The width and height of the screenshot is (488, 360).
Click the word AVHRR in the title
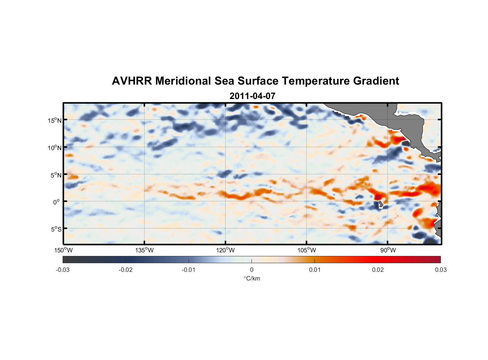pos(132,81)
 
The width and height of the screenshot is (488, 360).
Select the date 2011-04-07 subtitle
pos(252,96)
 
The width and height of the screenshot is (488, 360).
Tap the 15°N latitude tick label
pos(55,120)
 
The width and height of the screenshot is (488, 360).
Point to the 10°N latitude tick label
pos(55,148)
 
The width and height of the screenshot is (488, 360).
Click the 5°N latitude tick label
pos(56,175)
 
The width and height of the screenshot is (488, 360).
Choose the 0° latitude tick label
pos(57,202)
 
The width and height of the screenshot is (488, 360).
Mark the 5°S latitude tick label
pos(56,229)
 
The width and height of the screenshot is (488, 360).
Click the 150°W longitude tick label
pos(63,250)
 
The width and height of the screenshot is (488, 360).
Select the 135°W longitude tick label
pos(144,250)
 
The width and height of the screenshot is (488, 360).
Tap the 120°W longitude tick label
pos(225,250)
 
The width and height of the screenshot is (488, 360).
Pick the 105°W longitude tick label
pos(307,250)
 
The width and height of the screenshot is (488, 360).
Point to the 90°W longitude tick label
pos(388,250)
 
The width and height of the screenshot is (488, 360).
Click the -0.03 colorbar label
pos(63,270)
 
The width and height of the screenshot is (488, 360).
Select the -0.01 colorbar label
pos(189,270)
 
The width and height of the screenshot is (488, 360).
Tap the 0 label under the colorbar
pos(252,270)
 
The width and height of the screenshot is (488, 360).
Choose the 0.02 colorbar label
pos(378,270)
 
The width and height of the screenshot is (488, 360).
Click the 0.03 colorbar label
pos(440,270)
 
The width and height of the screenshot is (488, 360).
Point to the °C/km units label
pos(252,278)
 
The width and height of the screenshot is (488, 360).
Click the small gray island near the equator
pos(380,204)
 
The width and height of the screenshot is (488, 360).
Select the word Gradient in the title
pos(376,81)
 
